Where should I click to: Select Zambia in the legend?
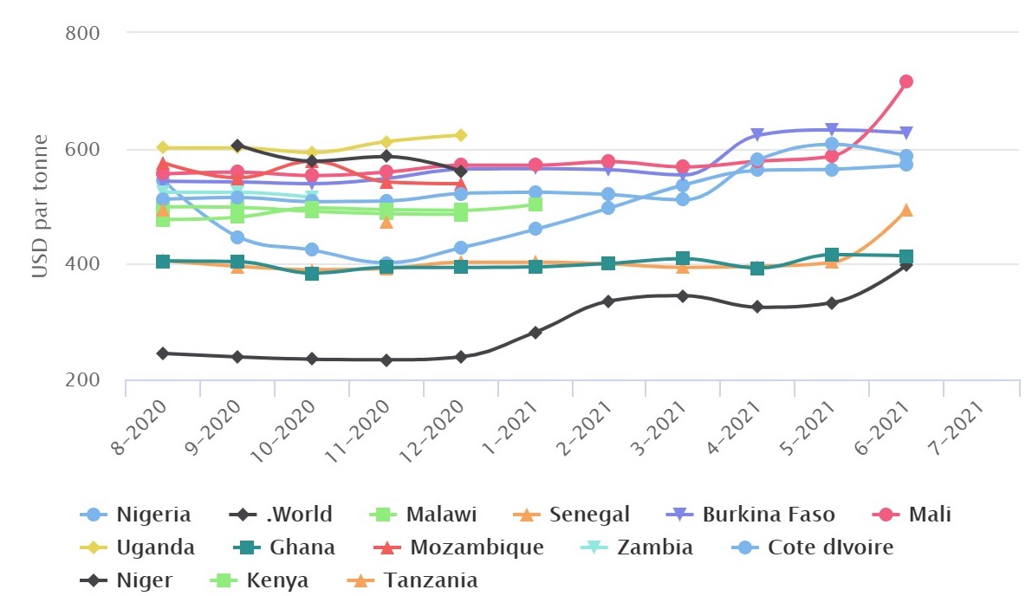(x=642, y=547)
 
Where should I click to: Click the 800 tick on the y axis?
(x=83, y=34)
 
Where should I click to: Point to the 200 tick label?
(x=83, y=379)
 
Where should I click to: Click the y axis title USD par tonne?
(x=40, y=208)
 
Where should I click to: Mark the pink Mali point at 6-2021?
(x=906, y=81)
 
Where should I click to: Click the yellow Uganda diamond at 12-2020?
(x=461, y=135)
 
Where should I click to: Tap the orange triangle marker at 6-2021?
(x=906, y=211)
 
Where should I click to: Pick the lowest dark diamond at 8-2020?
(x=163, y=353)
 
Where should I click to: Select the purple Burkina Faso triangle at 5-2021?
(x=832, y=131)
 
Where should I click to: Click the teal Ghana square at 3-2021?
(x=683, y=258)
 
